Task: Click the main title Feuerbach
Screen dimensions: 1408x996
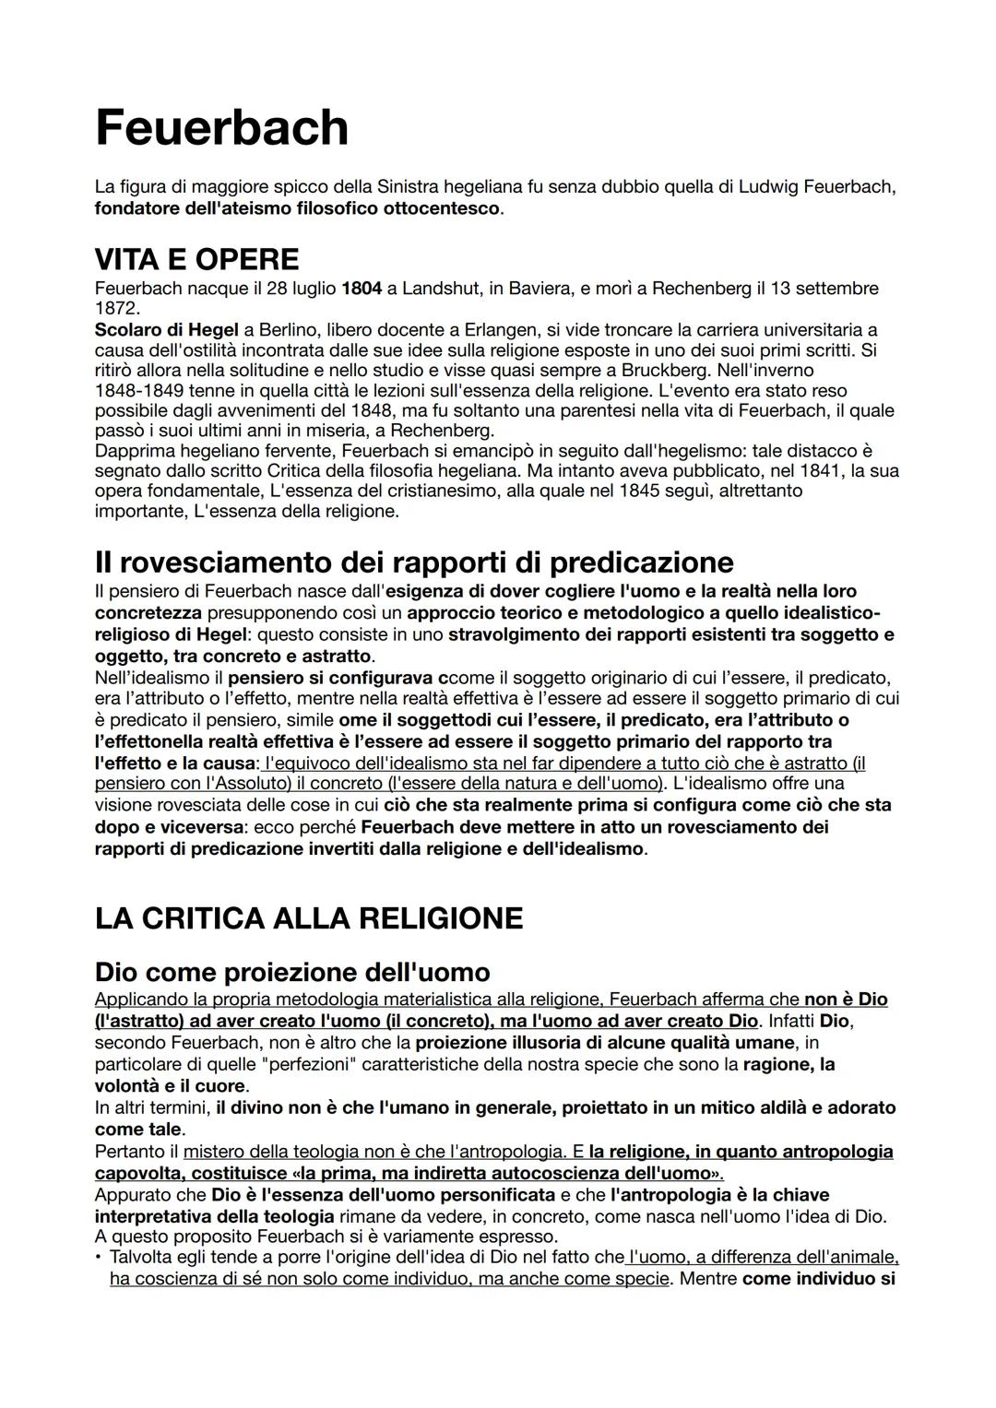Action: [x=221, y=127]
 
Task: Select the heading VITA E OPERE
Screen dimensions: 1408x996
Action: [x=196, y=258]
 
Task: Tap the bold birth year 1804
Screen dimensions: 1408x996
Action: [x=362, y=289]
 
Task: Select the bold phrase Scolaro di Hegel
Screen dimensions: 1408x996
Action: [x=153, y=330]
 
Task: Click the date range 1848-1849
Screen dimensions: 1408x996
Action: [x=139, y=390]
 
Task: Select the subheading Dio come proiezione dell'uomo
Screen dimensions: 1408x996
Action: [x=292, y=972]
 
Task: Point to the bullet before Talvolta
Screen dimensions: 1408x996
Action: [x=99, y=1258]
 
